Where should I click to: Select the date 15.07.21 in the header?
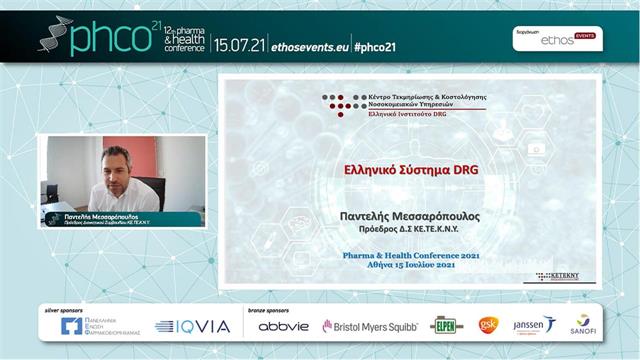(239, 46)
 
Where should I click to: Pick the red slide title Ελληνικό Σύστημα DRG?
(411, 170)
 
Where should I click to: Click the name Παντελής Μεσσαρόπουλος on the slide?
(411, 215)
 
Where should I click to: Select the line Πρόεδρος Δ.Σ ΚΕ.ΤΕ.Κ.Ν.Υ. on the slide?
(411, 230)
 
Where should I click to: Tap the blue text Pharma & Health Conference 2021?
(411, 257)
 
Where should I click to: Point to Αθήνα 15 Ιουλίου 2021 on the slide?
(411, 267)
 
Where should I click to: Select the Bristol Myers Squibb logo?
(369, 326)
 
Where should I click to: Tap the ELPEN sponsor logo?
(447, 325)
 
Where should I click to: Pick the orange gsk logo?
(489, 325)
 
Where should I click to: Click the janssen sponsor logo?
(532, 325)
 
